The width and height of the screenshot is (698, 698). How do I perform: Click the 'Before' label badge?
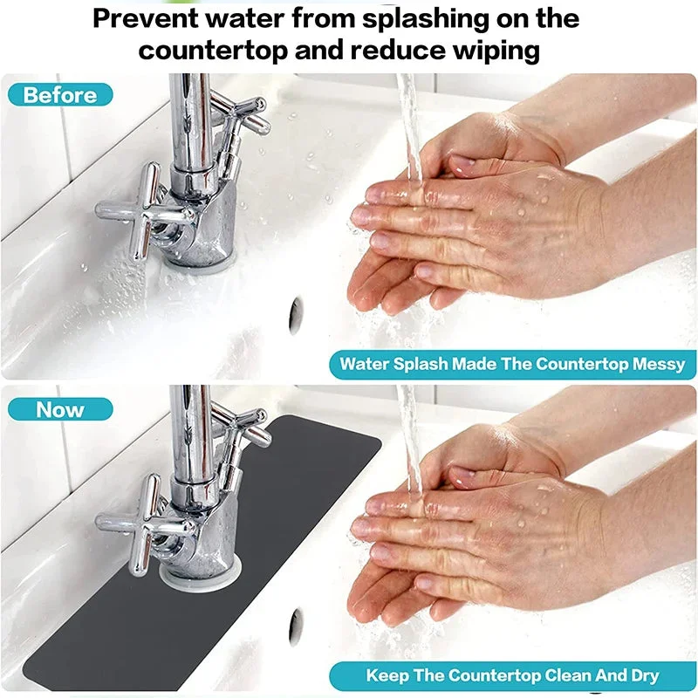click(x=60, y=95)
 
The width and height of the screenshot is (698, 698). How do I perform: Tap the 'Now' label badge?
click(x=60, y=409)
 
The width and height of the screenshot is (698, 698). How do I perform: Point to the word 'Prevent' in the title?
click(x=145, y=18)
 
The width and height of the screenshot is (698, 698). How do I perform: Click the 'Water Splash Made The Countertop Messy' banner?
click(x=512, y=364)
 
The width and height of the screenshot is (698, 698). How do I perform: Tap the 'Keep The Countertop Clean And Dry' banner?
click(x=512, y=675)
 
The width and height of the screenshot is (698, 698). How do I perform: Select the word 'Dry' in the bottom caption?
click(x=645, y=675)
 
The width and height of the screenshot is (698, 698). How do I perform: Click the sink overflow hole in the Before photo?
click(x=296, y=316)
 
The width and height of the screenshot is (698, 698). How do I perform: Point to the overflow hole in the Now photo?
click(x=296, y=627)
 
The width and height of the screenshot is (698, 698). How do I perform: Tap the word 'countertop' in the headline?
click(x=213, y=51)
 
